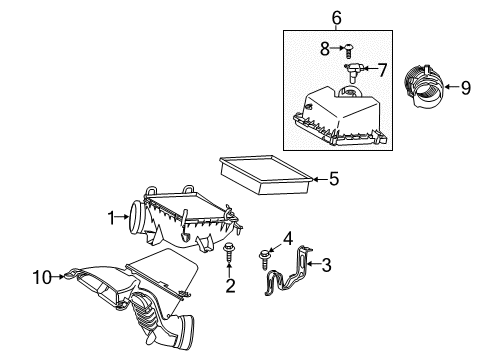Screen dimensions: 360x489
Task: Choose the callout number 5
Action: (334, 180)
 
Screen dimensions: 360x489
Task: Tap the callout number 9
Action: (464, 87)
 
